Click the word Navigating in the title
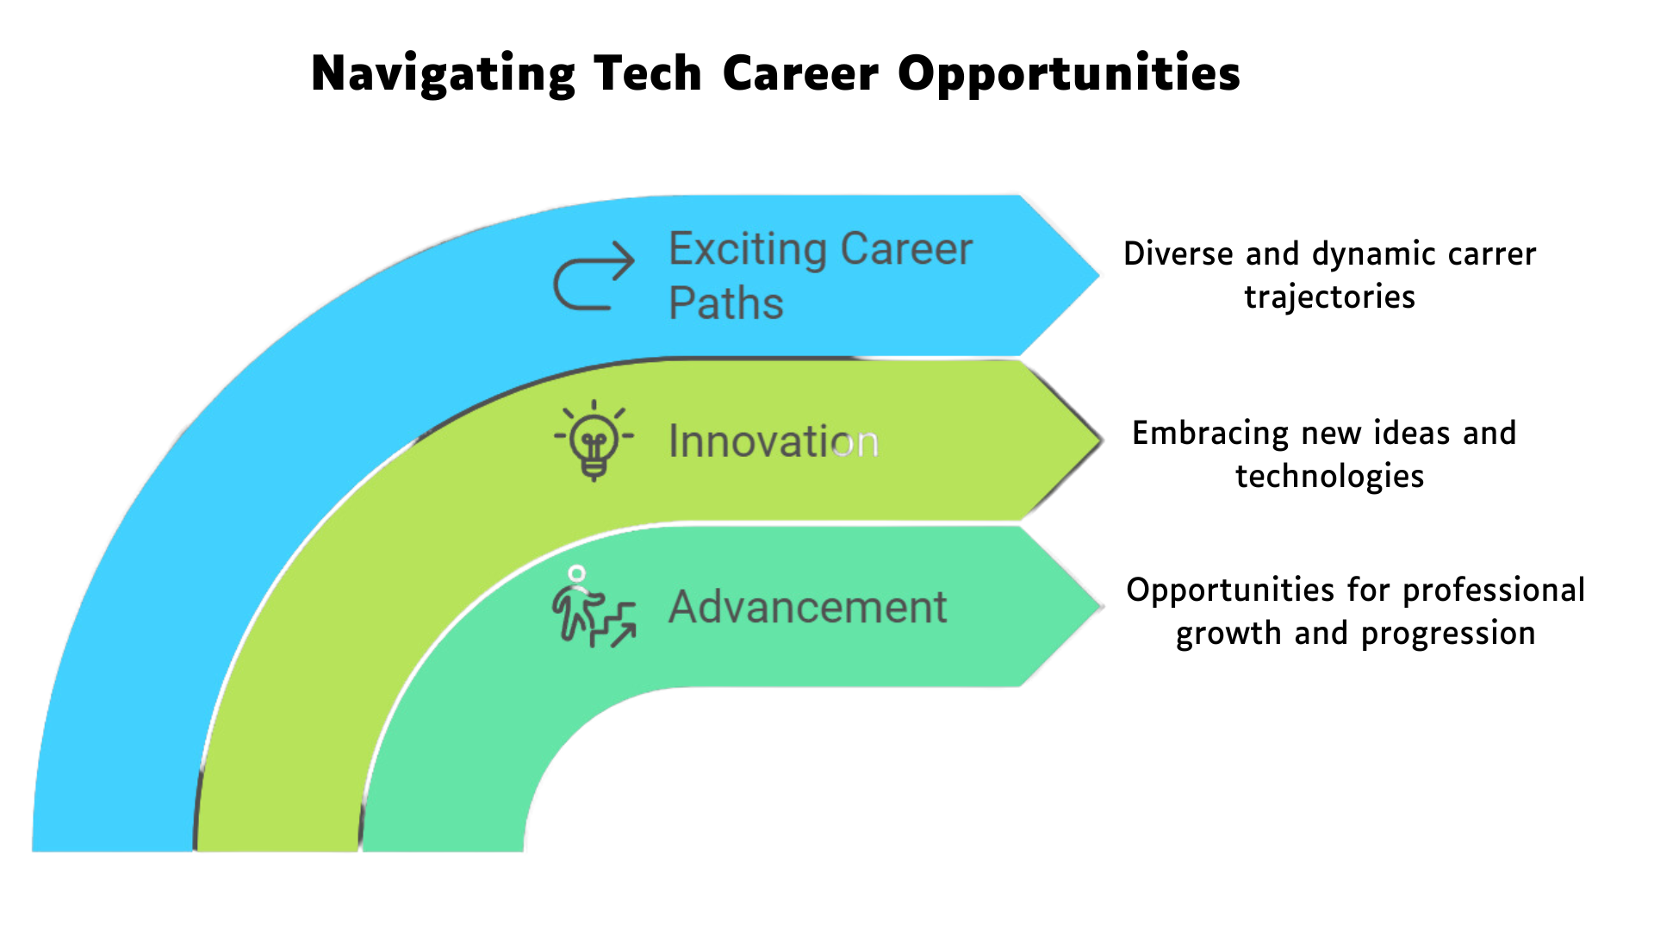[x=443, y=75]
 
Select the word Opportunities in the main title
[x=1069, y=75]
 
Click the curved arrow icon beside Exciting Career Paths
[x=594, y=275]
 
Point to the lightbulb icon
[x=594, y=441]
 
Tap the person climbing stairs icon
[x=594, y=606]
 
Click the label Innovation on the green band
[x=774, y=441]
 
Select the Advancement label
[x=808, y=607]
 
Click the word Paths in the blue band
[x=726, y=303]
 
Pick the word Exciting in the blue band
[x=748, y=251]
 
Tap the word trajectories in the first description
[x=1329, y=297]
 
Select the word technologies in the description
[x=1329, y=477]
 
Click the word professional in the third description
[x=1494, y=591]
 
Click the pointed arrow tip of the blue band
[x=1100, y=276]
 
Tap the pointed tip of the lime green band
[x=1103, y=441]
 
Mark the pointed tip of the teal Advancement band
[x=1103, y=606]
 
